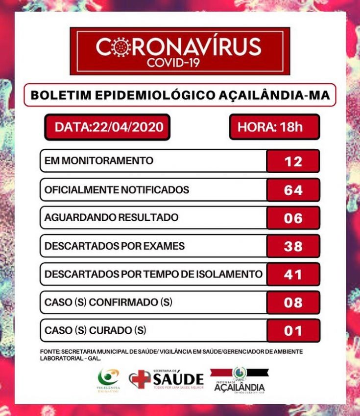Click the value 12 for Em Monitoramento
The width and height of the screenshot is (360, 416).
pos(293,161)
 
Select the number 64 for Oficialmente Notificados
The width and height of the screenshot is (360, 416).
pos(293,190)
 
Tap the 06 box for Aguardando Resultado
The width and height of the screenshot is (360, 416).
pos(293,218)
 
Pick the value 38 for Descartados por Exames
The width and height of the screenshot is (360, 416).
pos(293,246)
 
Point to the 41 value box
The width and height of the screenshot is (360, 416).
pos(293,275)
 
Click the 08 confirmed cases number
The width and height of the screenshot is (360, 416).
pos(293,302)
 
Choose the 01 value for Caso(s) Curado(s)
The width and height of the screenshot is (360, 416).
pos(293,331)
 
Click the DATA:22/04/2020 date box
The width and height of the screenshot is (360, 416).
pos(104,127)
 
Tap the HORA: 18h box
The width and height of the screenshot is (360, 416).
pos(274,127)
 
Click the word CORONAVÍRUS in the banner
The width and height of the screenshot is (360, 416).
pos(179,47)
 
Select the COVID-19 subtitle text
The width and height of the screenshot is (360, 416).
pos(179,63)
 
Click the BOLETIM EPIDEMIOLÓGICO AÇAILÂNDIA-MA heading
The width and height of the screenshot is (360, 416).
pos(180,95)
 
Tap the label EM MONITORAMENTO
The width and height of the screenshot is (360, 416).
pos(99,161)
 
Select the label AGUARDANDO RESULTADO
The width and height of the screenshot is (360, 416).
pos(111,217)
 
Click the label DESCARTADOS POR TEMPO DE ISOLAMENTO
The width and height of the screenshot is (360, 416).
pos(153,274)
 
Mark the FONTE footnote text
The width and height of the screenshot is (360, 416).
pos(171,355)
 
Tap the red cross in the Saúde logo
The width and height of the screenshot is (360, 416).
pos(140,379)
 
